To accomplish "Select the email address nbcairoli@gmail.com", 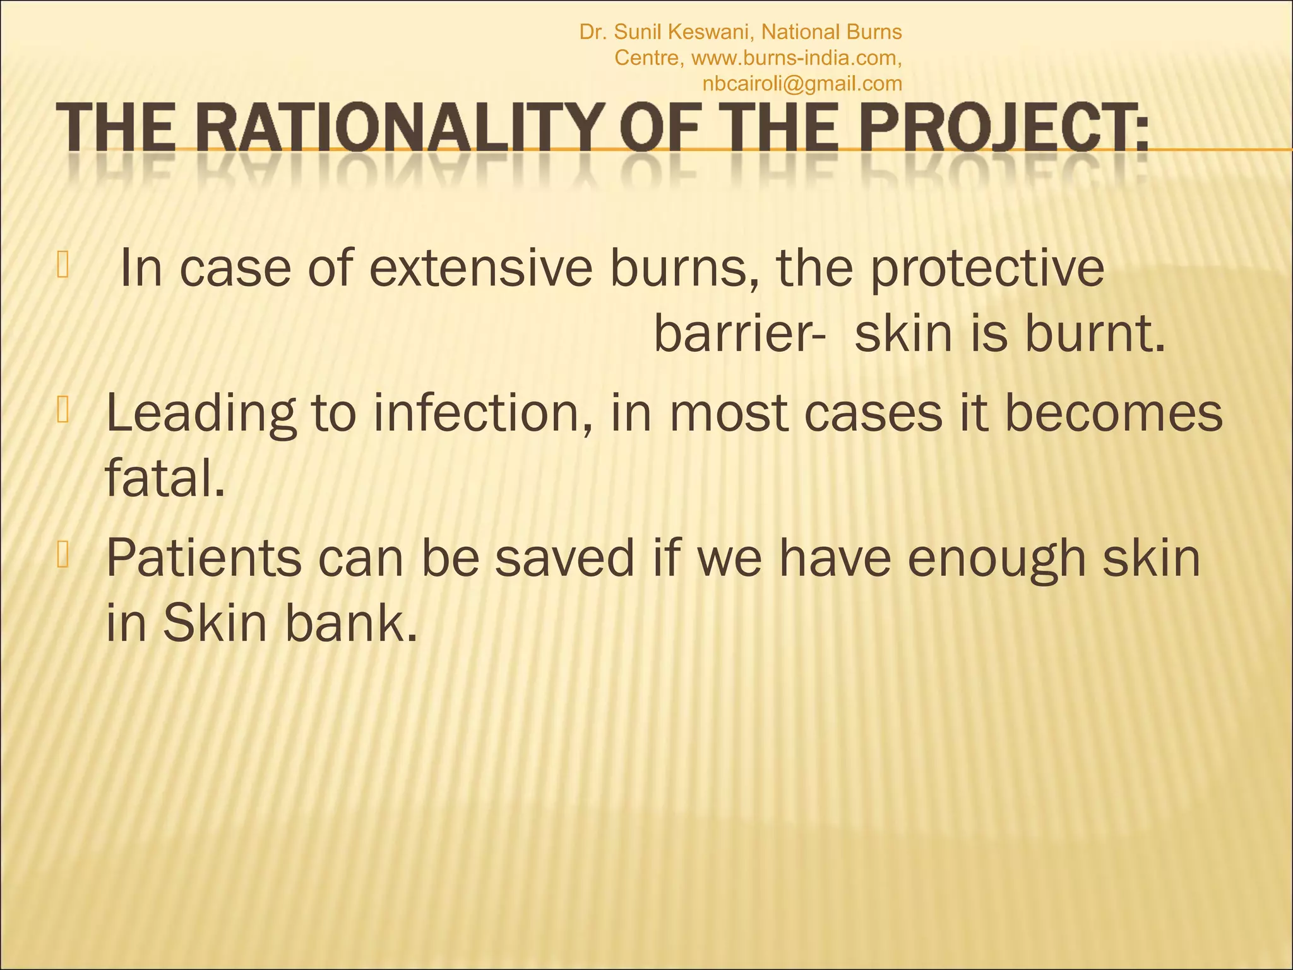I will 802,83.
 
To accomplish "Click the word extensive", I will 480,268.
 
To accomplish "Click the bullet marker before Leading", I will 64,411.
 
